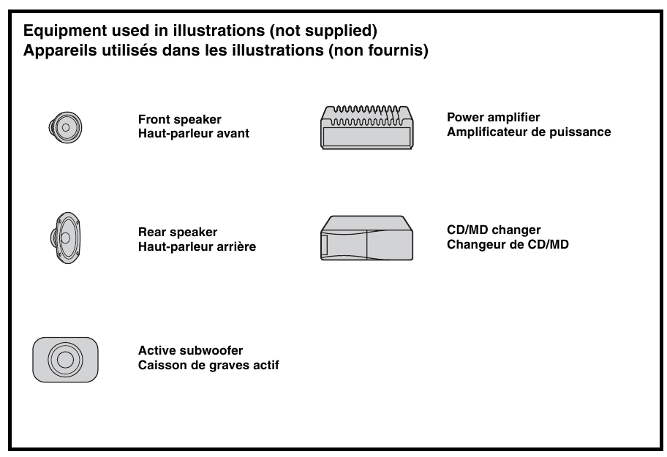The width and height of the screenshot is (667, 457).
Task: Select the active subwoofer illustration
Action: [x=65, y=360]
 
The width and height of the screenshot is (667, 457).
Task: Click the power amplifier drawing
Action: [x=366, y=127]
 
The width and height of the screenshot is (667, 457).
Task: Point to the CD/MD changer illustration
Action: [x=366, y=238]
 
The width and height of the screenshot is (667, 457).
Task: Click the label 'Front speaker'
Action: [x=180, y=120]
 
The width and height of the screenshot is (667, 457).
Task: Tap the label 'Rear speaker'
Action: [x=178, y=233]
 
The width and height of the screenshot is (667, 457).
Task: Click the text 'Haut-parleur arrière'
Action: [x=197, y=246]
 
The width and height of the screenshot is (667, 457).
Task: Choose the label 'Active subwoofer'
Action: [x=190, y=351]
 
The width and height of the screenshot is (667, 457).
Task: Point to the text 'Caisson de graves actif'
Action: [x=208, y=365]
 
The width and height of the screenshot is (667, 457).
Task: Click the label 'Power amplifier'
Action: [x=494, y=118]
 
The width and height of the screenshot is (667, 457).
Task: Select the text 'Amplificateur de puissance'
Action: [x=529, y=132]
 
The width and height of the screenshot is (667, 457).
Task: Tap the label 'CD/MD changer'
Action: [x=494, y=230]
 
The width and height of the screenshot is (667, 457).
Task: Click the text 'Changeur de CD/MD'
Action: [x=508, y=244]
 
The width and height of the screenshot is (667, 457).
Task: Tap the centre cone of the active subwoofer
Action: [x=65, y=360]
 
